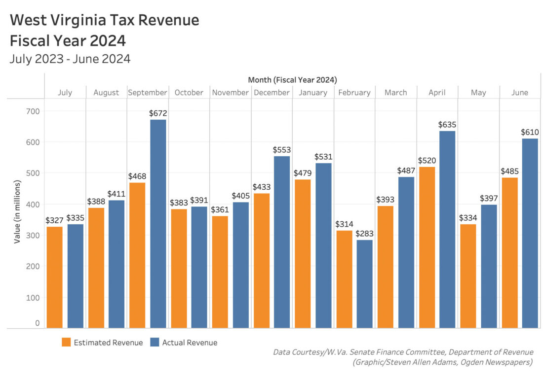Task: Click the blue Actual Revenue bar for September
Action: point(158,224)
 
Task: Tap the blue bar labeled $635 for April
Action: point(447,229)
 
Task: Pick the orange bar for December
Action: point(262,261)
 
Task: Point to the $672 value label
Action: point(158,113)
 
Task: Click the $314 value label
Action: point(344,224)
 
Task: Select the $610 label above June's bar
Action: point(530,132)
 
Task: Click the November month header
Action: point(230,92)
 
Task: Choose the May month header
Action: point(478,92)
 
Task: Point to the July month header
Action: point(65,92)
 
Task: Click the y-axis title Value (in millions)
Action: point(17,211)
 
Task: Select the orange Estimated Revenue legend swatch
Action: point(66,342)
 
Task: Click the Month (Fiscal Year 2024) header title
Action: point(293,79)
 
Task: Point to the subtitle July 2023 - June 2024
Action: point(70,59)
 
